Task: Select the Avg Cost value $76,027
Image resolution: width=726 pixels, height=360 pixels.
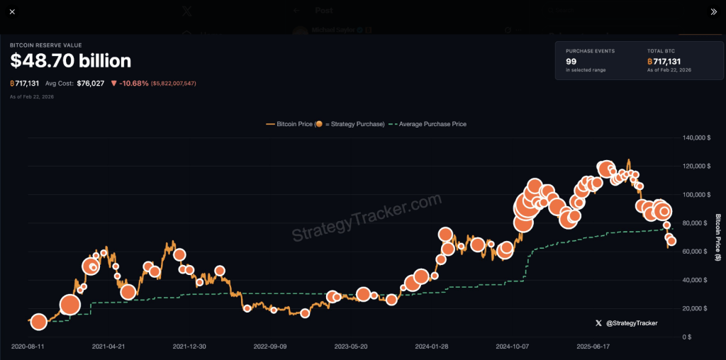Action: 91,83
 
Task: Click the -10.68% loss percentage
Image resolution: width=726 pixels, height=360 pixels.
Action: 133,83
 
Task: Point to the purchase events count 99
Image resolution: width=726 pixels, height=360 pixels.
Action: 571,61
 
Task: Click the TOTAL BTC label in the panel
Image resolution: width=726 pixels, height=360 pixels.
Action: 661,51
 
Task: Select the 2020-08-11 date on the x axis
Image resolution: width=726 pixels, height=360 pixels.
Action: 28,347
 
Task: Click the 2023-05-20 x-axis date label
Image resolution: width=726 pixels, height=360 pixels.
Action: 351,347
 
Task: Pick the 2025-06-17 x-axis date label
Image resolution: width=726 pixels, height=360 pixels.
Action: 593,347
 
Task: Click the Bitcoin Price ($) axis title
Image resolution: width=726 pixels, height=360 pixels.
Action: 717,237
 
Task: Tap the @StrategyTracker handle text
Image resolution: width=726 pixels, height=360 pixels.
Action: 631,323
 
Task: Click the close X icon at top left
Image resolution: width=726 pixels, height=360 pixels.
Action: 12,12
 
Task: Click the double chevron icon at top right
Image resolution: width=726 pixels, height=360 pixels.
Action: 713,12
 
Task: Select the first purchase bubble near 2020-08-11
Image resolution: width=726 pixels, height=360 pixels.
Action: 39,322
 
